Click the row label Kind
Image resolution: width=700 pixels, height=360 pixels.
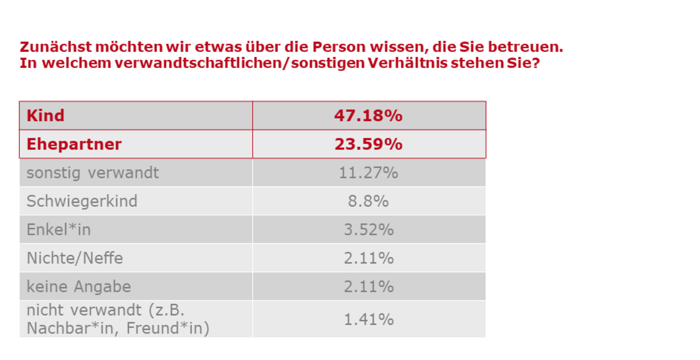[45, 116]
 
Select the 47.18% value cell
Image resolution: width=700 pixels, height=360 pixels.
[368, 116]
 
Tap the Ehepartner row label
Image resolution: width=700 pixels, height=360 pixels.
[74, 144]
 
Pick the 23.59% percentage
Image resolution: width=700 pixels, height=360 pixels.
[368, 144]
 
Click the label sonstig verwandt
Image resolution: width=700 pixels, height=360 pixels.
[92, 172]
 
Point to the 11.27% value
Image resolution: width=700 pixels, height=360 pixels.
[368, 172]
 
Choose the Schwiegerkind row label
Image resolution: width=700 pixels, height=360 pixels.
[82, 201]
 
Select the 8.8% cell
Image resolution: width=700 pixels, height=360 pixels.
[368, 201]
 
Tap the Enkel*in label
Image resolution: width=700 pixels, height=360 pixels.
[59, 230]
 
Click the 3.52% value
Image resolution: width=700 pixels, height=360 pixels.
[368, 230]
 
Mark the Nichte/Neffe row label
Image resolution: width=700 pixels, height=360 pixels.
[75, 258]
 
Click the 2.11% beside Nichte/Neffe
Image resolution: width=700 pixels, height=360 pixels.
[368, 258]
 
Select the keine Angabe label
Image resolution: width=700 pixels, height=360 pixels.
[79, 286]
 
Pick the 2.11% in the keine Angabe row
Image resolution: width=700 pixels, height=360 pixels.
[368, 286]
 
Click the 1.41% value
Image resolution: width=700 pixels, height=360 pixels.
[368, 319]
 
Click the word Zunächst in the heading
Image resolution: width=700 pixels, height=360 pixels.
[55, 47]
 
